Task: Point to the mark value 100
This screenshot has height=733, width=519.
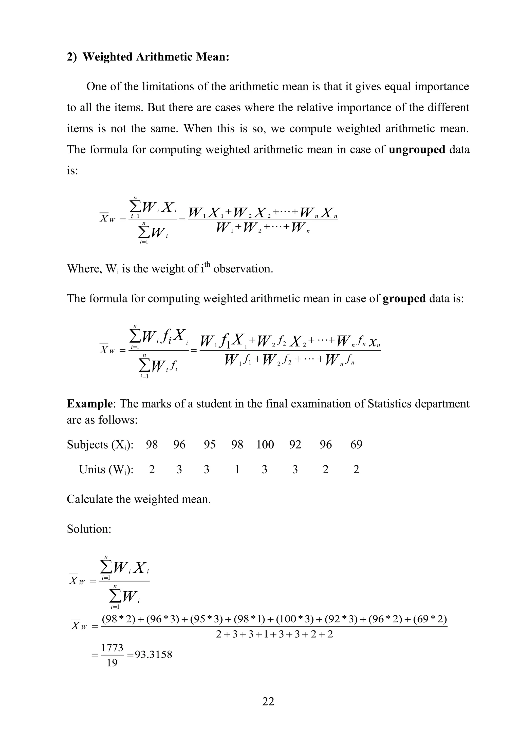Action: tap(265, 444)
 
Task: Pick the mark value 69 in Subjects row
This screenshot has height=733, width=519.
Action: tap(356, 444)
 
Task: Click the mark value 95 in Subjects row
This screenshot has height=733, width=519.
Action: tap(210, 444)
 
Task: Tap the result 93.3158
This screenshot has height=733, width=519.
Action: tap(153, 655)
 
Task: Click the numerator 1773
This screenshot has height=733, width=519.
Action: tap(112, 648)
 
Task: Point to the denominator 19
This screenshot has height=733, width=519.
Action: tap(112, 663)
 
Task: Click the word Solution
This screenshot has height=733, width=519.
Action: tap(89, 529)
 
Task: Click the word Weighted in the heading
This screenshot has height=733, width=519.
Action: tap(107, 57)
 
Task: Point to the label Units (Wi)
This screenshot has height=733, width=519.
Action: tap(106, 469)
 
